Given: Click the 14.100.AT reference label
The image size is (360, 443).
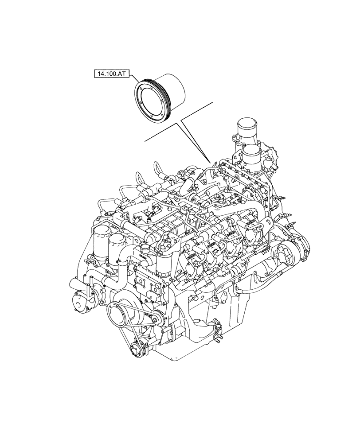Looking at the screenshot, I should [110, 73].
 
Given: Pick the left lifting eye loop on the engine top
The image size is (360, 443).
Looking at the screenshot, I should [158, 170].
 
